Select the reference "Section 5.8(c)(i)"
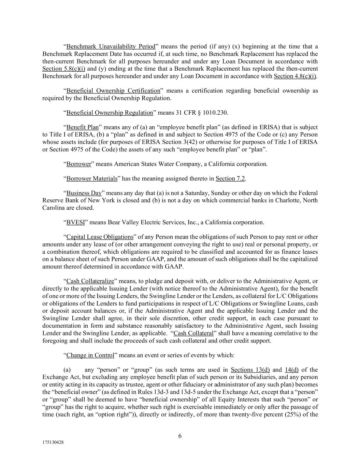(x=63, y=69)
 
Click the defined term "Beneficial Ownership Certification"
(x=113, y=90)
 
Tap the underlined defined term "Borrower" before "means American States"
(x=78, y=164)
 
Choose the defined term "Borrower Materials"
(x=91, y=179)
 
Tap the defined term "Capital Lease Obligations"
(x=99, y=237)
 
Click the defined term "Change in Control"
(x=90, y=355)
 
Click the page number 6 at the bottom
(x=180, y=436)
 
